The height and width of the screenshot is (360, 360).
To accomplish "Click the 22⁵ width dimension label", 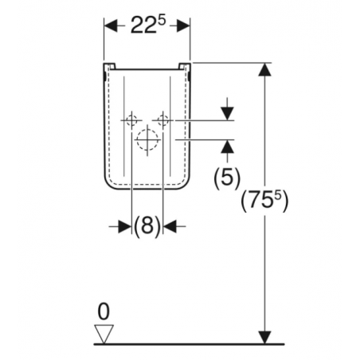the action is [x=148, y=25].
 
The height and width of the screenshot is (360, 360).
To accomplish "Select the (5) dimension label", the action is [x=227, y=178].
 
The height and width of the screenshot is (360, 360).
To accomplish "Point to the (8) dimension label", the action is [x=147, y=226].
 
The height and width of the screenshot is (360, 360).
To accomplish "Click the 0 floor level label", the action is [x=104, y=311].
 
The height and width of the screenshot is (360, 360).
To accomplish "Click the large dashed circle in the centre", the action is [x=147, y=139].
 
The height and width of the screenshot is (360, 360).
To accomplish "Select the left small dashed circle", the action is [x=132, y=120].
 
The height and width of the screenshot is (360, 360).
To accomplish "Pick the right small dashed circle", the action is [x=163, y=120].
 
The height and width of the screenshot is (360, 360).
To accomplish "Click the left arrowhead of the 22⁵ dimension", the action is [x=111, y=25].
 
